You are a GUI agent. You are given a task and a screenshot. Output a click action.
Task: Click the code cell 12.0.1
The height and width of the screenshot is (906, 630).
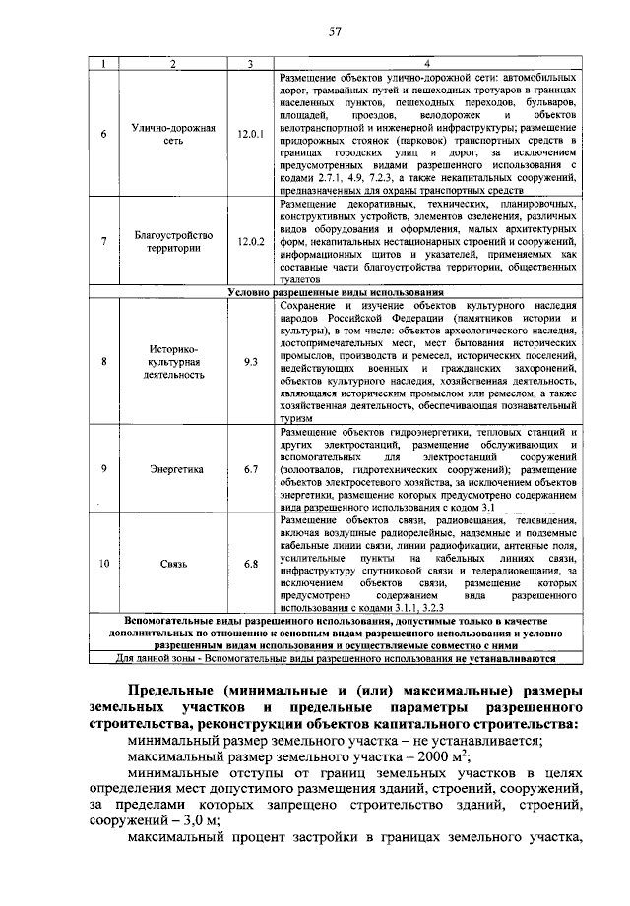click(251, 134)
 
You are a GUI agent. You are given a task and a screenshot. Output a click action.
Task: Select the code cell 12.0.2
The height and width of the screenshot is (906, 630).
click(251, 242)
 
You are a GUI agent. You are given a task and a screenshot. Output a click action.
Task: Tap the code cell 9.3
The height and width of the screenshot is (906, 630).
click(251, 362)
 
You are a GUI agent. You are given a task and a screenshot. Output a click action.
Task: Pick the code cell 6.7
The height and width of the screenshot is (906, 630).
click(251, 469)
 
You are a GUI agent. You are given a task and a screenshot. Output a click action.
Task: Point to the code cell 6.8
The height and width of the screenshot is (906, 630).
click(251, 564)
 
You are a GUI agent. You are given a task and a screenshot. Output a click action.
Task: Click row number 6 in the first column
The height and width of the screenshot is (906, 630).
click(104, 134)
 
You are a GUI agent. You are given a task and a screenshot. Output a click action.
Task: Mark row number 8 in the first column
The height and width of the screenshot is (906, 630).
click(104, 362)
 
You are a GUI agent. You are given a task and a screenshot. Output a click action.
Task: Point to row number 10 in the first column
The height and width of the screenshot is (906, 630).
click(104, 564)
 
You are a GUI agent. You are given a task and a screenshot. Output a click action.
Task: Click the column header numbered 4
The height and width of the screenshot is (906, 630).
click(425, 65)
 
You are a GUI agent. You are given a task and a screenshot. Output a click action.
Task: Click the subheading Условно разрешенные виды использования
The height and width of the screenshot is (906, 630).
click(335, 292)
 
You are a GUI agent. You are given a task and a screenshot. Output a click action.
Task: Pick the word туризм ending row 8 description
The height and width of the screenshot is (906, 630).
click(296, 417)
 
